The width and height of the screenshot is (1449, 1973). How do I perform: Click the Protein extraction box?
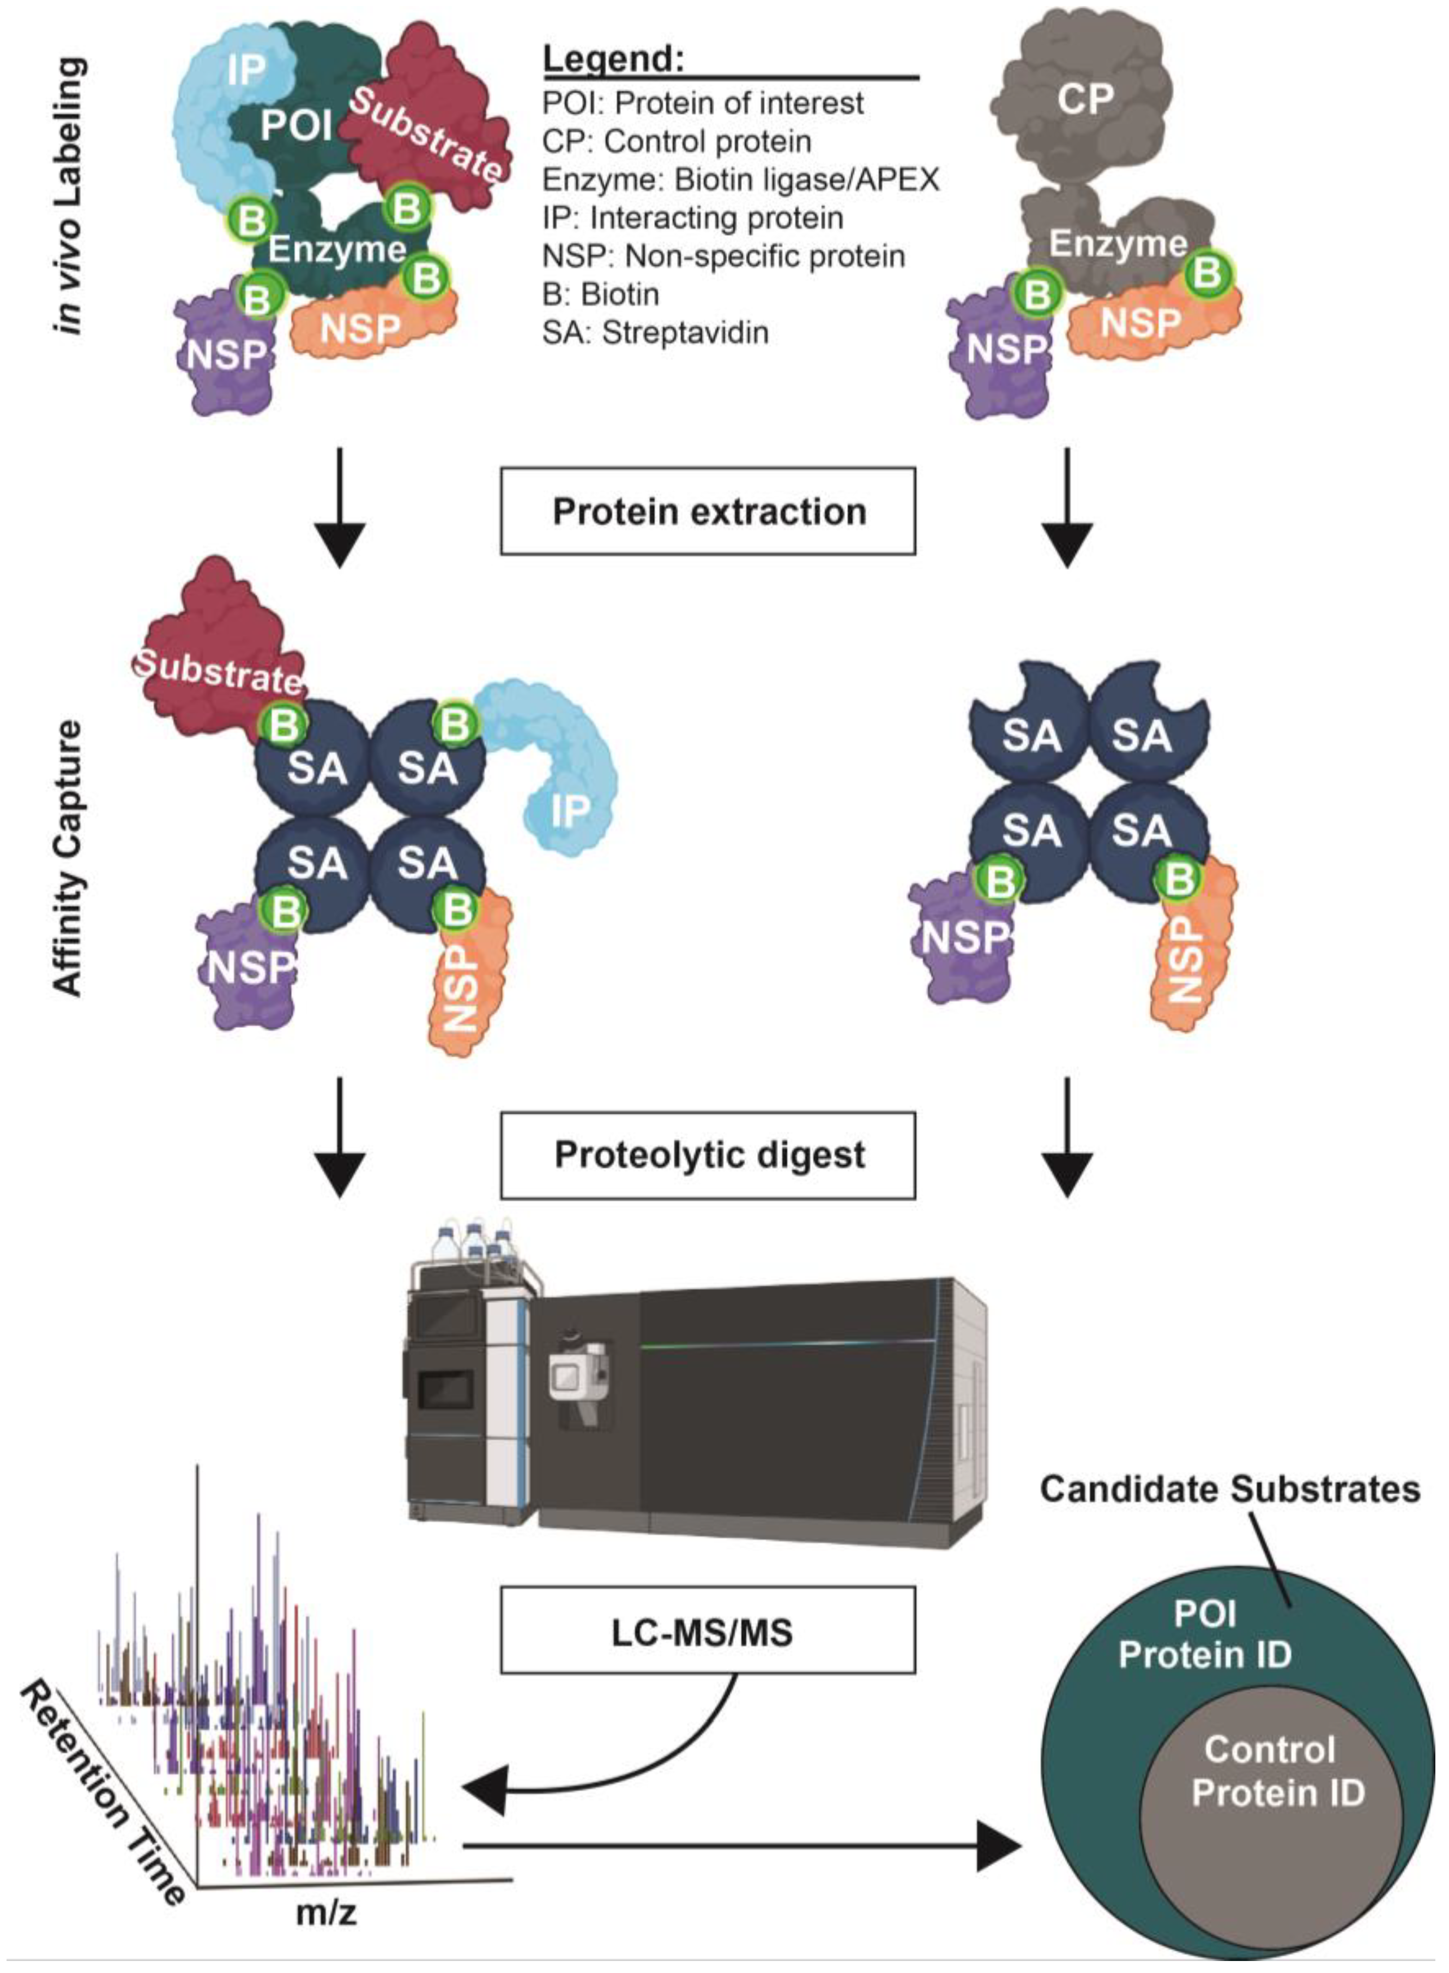tap(708, 510)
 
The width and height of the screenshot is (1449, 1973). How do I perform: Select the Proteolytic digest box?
tap(708, 1156)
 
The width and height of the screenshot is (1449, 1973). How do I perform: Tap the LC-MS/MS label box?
tap(708, 1632)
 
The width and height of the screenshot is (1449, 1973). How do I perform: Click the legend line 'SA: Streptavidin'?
tap(655, 333)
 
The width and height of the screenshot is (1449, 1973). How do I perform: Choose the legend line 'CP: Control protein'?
tap(677, 141)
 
